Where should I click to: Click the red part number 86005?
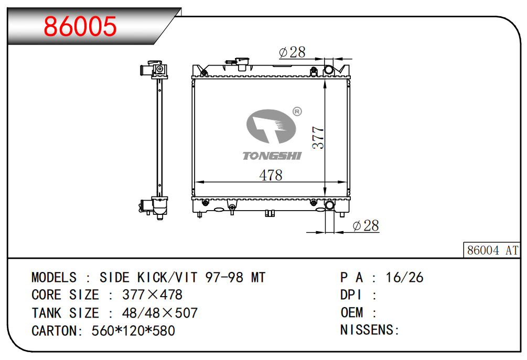point(80,26)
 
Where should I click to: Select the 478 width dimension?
point(271,176)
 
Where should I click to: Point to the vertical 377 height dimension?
point(318,138)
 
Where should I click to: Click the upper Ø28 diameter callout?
point(293,52)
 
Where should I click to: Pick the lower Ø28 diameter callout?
point(366,226)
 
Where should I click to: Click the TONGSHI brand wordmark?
point(272,156)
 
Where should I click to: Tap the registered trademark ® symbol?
point(297,111)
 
